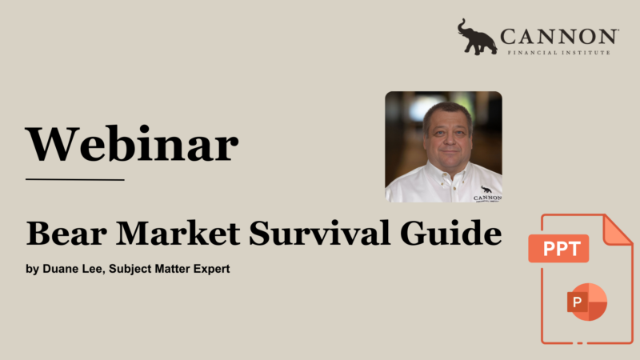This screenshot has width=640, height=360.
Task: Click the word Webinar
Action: click(132, 145)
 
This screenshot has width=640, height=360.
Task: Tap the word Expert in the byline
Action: click(210, 270)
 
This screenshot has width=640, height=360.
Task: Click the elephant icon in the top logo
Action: click(477, 37)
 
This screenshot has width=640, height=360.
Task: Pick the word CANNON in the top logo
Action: click(558, 36)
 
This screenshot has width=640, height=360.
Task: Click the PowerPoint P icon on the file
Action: click(586, 302)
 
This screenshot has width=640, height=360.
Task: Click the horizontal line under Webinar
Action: click(75, 179)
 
